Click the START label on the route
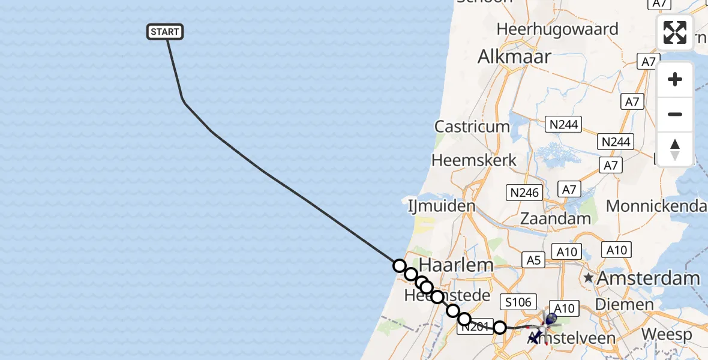point(165,32)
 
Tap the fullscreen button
point(675,32)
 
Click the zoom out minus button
point(675,114)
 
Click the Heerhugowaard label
point(557,29)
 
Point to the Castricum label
point(472,127)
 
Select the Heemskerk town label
point(474,161)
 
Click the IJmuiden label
point(441,206)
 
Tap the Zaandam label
point(556,218)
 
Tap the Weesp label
point(666,334)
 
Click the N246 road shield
point(524,193)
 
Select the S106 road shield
point(519,302)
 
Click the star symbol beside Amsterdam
point(589,278)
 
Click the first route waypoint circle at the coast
point(399,265)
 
